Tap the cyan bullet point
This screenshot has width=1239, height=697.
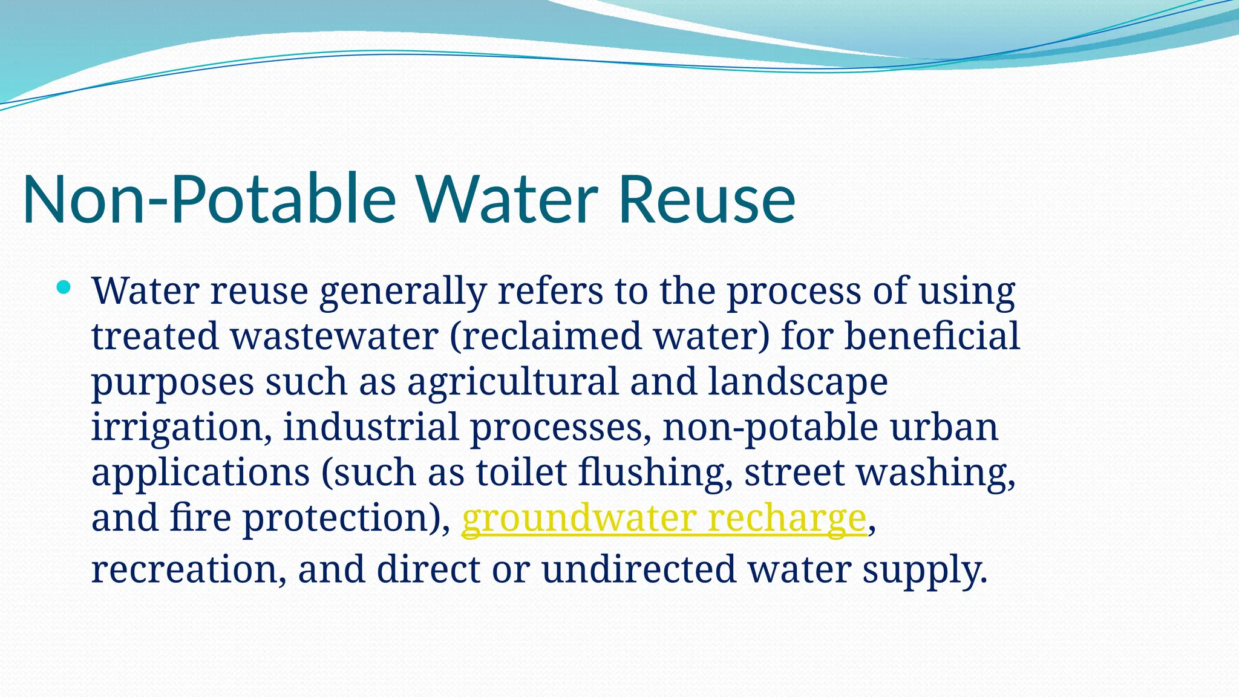64,287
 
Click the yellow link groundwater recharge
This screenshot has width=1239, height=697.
664,519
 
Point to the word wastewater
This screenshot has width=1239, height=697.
334,336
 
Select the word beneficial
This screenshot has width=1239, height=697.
932,336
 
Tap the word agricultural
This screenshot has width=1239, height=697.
513,382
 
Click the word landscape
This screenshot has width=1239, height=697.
797,382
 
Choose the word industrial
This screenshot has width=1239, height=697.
371,427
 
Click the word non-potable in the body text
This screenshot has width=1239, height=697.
770,427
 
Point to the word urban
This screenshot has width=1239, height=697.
944,427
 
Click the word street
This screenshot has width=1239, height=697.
794,473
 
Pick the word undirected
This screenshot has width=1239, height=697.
638,570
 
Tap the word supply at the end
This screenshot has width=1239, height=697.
924,570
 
